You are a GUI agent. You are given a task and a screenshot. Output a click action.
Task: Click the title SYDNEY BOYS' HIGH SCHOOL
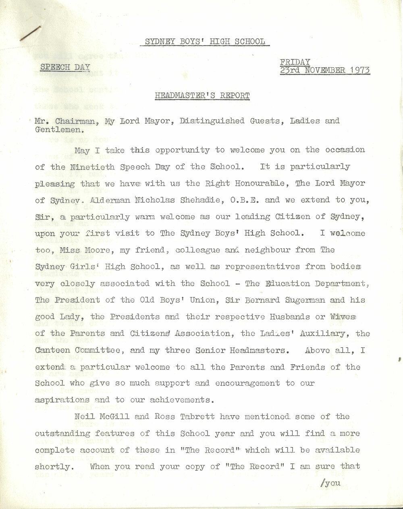click(x=205, y=41)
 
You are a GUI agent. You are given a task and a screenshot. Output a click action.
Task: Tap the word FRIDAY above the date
click(x=295, y=62)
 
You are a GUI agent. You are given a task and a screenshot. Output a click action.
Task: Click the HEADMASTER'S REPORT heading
click(x=202, y=96)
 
